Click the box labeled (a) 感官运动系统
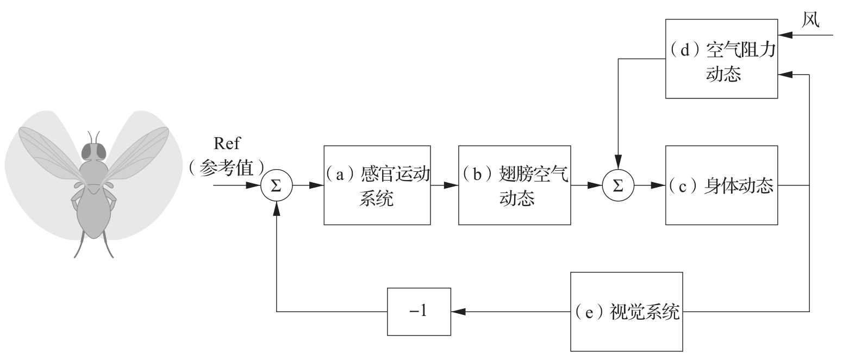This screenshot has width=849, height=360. point(377,185)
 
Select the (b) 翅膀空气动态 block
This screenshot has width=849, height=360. point(514,185)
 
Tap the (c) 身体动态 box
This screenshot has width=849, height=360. point(722,185)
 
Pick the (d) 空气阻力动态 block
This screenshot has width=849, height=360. point(722,58)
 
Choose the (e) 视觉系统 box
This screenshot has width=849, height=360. point(626,312)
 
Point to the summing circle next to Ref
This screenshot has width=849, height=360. point(277,185)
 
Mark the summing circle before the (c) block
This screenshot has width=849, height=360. point(618,185)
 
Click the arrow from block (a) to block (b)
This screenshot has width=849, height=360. point(444,185)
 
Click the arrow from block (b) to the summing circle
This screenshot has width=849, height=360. point(586,185)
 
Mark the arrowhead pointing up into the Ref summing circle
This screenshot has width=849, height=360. point(277,205)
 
